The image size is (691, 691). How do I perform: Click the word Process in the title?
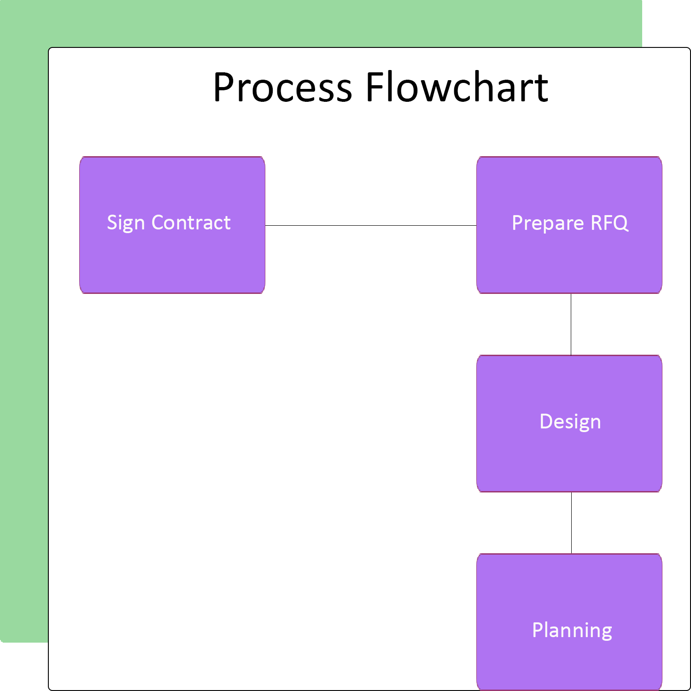[282, 88]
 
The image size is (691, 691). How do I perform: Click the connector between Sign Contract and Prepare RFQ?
[371, 226]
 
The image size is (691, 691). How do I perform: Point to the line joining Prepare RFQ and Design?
[571, 324]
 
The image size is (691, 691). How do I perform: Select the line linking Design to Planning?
[572, 523]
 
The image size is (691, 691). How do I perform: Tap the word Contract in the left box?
[191, 223]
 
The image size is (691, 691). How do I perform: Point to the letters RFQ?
[609, 223]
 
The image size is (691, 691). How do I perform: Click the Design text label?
[570, 422]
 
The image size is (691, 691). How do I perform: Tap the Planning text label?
[572, 630]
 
